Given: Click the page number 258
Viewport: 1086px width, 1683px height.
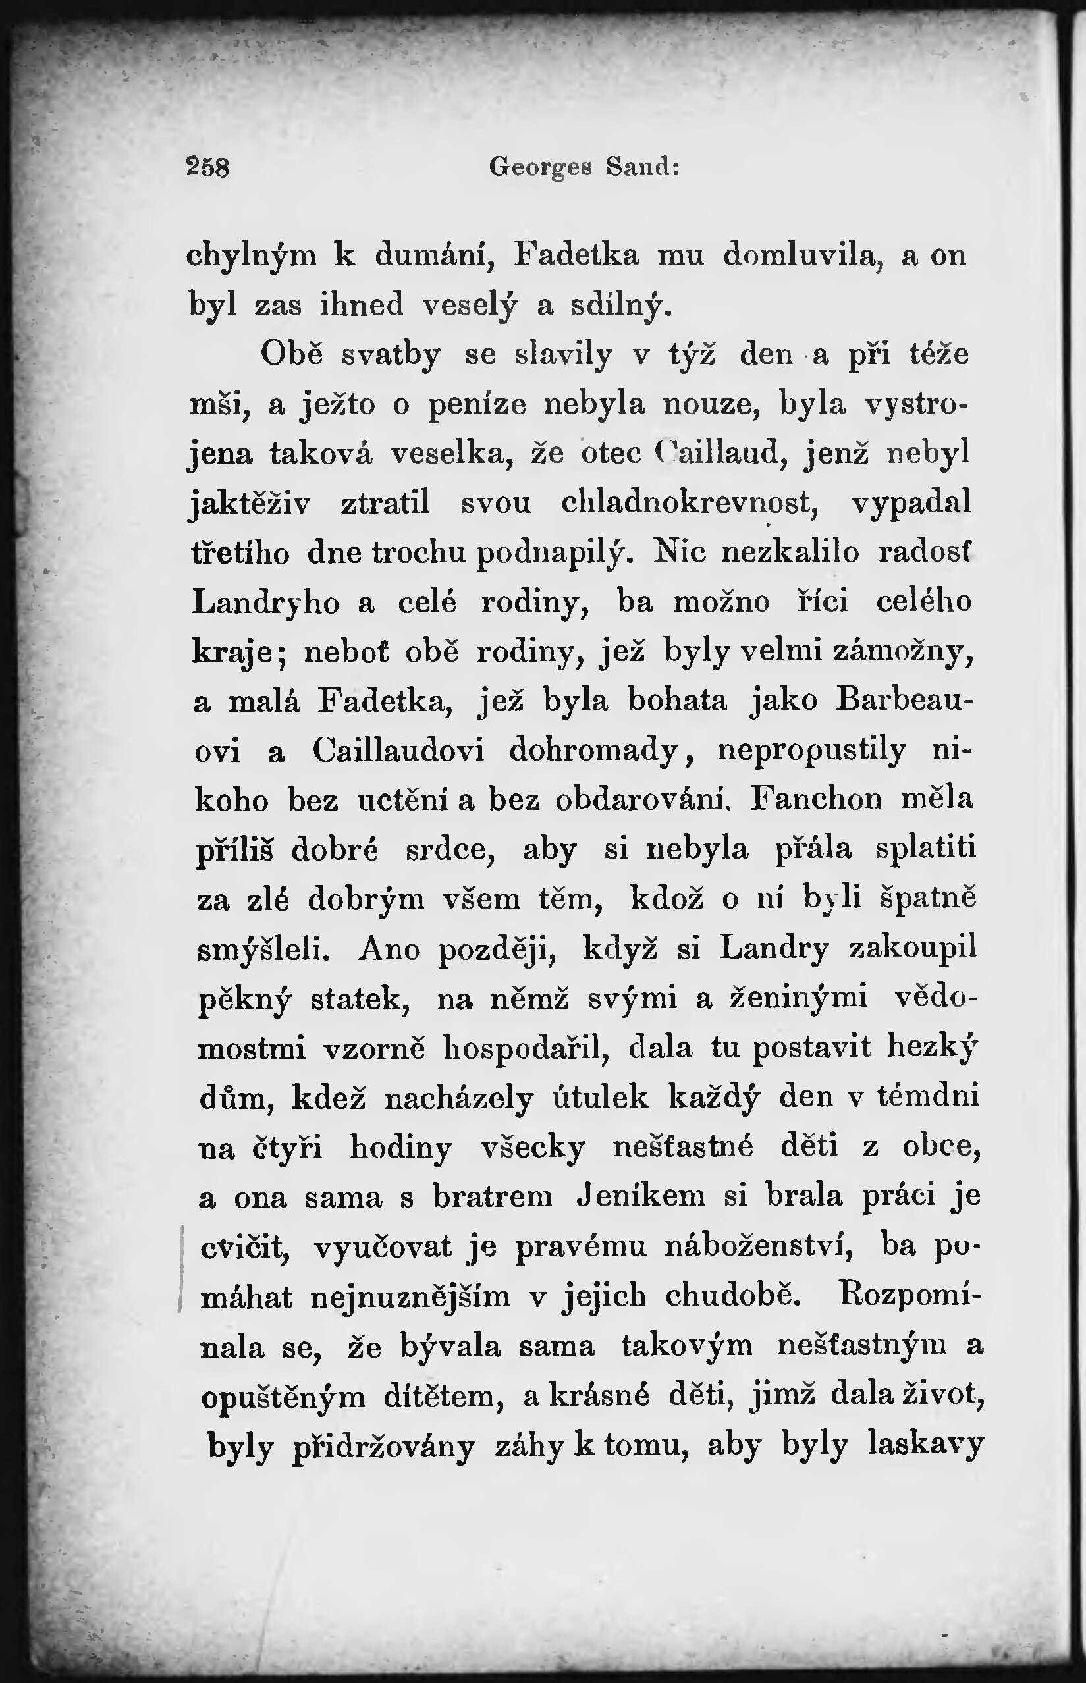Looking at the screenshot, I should (x=208, y=167).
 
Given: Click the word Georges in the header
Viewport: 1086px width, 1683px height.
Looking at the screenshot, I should (x=540, y=168).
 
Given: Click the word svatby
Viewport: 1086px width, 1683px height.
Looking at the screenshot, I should (x=391, y=355).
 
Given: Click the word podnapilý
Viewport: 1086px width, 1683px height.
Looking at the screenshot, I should (x=557, y=554).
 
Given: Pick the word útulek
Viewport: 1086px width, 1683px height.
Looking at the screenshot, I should (x=601, y=1098).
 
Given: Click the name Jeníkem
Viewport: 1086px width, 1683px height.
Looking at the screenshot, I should (x=641, y=1196).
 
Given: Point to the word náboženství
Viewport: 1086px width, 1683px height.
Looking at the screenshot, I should (x=759, y=1246).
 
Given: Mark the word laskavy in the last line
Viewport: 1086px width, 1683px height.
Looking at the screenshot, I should (x=925, y=1445).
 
